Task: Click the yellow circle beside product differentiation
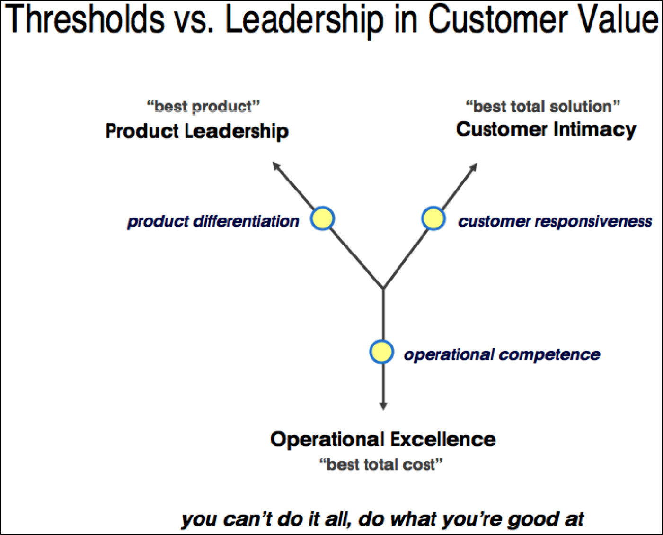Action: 322,218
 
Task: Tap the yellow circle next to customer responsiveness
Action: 433,218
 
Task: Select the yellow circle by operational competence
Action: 381,352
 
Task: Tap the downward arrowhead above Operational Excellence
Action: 383,406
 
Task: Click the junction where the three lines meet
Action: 383,289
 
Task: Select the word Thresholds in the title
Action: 84,19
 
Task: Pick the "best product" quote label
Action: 203,107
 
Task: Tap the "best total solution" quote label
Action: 542,107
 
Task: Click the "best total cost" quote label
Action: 381,465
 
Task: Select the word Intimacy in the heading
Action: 595,130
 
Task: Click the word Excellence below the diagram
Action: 443,439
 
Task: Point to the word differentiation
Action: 246,221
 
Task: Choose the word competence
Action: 549,355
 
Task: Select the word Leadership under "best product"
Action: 237,131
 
